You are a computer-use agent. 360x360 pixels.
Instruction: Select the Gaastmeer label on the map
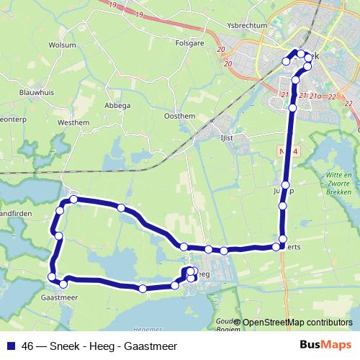tap(59, 297)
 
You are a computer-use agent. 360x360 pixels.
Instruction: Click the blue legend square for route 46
tap(11, 346)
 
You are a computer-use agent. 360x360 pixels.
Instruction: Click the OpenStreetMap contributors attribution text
tap(297, 322)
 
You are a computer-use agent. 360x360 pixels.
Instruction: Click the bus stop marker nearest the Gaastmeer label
tap(64, 283)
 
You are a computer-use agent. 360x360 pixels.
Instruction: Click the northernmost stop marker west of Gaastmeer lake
tap(73, 198)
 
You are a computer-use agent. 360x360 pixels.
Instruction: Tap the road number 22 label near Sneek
tap(330, 95)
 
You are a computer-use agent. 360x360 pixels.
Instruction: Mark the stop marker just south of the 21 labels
tap(292, 108)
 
